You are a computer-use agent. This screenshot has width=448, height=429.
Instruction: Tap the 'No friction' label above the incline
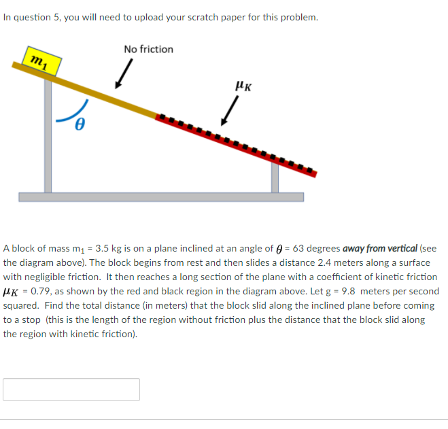pyautogui.click(x=148, y=49)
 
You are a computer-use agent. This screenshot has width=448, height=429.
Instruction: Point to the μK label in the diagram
pyautogui.click(x=242, y=86)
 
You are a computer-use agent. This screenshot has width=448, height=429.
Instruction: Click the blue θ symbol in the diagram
pyautogui.click(x=80, y=125)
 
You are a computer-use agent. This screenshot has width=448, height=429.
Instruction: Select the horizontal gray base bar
pyautogui.click(x=161, y=197)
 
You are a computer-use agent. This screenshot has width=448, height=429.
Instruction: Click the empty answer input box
pyautogui.click(x=71, y=390)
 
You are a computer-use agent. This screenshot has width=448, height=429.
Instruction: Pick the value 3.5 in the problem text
pyautogui.click(x=101, y=248)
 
